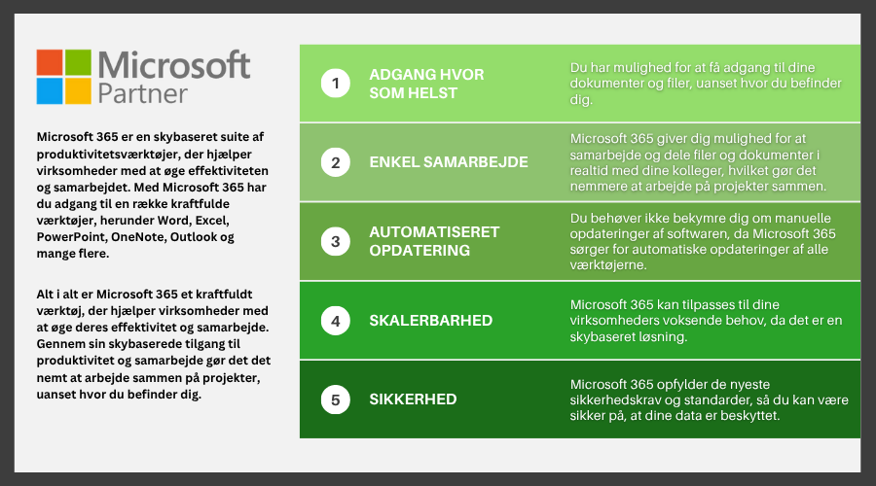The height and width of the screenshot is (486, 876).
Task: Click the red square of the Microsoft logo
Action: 50,62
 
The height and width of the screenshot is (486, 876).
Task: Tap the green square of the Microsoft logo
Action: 78,62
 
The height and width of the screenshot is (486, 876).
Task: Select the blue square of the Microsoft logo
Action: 50,91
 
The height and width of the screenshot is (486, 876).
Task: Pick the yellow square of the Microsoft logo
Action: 78,91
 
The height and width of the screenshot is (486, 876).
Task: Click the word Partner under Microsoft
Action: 142,93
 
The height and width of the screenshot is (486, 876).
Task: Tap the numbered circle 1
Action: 335,84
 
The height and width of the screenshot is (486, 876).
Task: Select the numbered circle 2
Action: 335,162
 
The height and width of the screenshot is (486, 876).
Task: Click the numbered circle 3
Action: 335,242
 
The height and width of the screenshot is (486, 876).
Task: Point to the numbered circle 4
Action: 335,321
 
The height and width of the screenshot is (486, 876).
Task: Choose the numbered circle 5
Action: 335,400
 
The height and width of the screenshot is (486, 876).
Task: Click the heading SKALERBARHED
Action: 431,321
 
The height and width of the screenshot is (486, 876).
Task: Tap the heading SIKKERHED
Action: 413,399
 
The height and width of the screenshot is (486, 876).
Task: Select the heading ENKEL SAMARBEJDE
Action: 449,161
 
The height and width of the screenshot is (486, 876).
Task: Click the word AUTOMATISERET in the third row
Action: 434,231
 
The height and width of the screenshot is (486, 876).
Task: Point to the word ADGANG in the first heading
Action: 395,74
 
